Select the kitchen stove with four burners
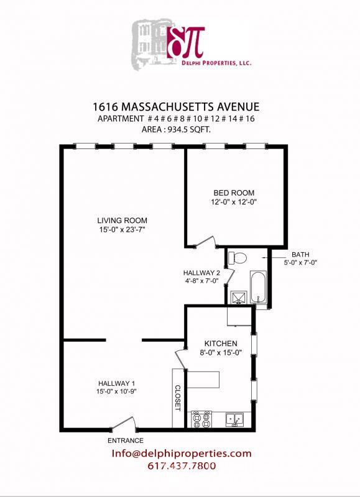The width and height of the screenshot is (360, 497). [203, 420]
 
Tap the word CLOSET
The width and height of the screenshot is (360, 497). [178, 398]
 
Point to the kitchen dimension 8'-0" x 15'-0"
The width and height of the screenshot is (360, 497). [221, 353]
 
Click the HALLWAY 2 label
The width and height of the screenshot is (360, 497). [201, 273]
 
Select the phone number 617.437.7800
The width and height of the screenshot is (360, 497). [182, 466]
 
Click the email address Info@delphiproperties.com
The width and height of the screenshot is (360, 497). [182, 454]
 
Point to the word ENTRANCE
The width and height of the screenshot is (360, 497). [126, 440]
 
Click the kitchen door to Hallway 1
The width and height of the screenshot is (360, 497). [181, 357]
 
